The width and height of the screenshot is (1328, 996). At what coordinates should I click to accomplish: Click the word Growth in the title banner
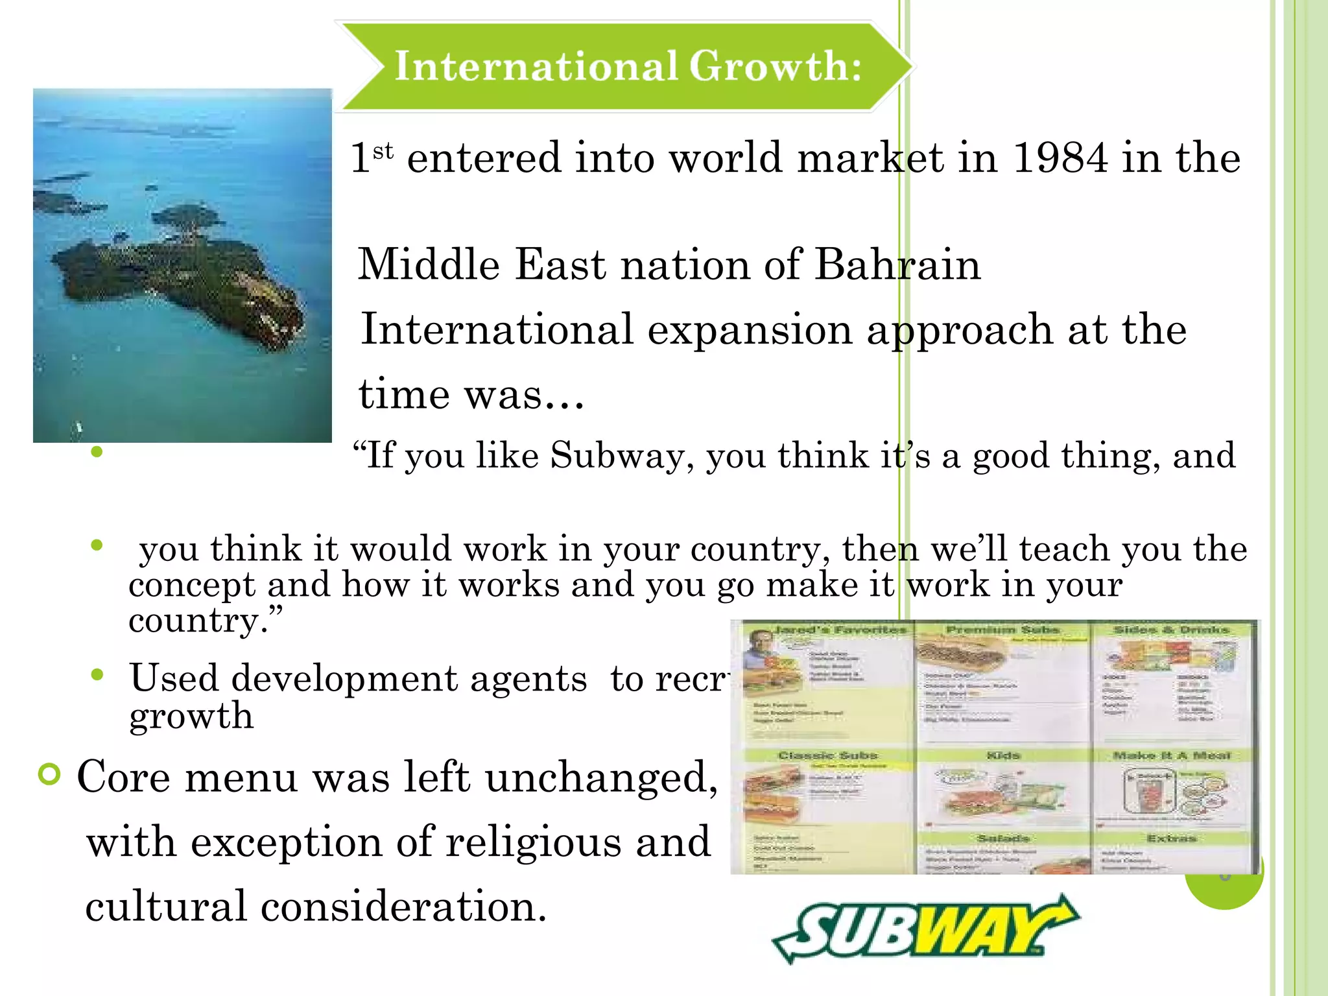point(775,66)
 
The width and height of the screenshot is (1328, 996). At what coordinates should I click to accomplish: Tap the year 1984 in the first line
point(1060,158)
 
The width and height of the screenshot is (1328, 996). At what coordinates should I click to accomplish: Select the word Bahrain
point(897,265)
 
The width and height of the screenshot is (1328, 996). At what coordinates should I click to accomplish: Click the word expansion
point(750,329)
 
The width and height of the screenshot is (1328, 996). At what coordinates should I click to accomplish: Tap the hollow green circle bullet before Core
point(49,774)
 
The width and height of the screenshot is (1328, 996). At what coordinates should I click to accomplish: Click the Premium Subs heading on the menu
point(1002,630)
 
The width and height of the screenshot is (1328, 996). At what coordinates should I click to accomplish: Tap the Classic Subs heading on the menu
point(827,755)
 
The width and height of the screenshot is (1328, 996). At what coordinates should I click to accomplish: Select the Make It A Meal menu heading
point(1171,755)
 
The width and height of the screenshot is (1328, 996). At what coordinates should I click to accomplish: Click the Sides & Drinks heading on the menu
point(1171,630)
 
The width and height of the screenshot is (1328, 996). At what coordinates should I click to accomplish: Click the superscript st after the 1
point(383,150)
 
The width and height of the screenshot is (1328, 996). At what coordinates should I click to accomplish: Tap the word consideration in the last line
point(403,906)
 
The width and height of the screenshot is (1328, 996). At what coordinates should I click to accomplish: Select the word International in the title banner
point(536,66)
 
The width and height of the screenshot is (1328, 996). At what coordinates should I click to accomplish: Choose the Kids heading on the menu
point(1002,755)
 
